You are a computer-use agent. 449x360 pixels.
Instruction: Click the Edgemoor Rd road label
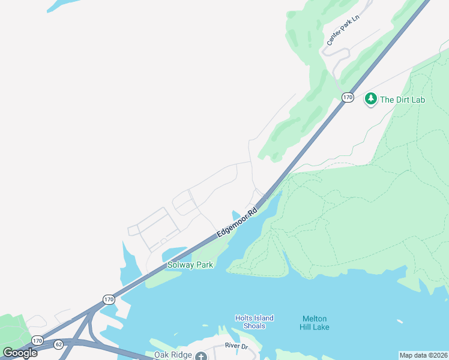click(x=237, y=223)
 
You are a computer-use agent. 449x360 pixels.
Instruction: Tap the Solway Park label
click(x=190, y=265)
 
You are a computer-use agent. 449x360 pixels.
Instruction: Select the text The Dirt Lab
click(x=402, y=100)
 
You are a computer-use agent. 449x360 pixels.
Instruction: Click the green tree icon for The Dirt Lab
click(x=371, y=98)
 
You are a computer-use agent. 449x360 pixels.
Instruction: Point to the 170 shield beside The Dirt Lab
click(x=348, y=97)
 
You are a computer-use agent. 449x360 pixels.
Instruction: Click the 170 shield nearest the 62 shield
click(x=37, y=340)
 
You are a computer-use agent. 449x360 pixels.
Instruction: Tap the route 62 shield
click(x=58, y=344)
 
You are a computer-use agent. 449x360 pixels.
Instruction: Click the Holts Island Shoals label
click(x=254, y=322)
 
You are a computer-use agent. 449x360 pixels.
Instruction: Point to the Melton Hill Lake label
click(x=315, y=323)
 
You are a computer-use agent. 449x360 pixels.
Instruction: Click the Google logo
click(x=20, y=353)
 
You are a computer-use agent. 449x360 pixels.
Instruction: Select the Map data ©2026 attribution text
click(x=423, y=355)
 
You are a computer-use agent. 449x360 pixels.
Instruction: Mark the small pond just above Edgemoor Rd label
click(x=236, y=214)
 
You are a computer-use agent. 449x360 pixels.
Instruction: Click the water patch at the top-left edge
click(x=60, y=5)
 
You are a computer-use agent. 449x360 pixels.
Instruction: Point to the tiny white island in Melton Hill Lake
click(x=399, y=321)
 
